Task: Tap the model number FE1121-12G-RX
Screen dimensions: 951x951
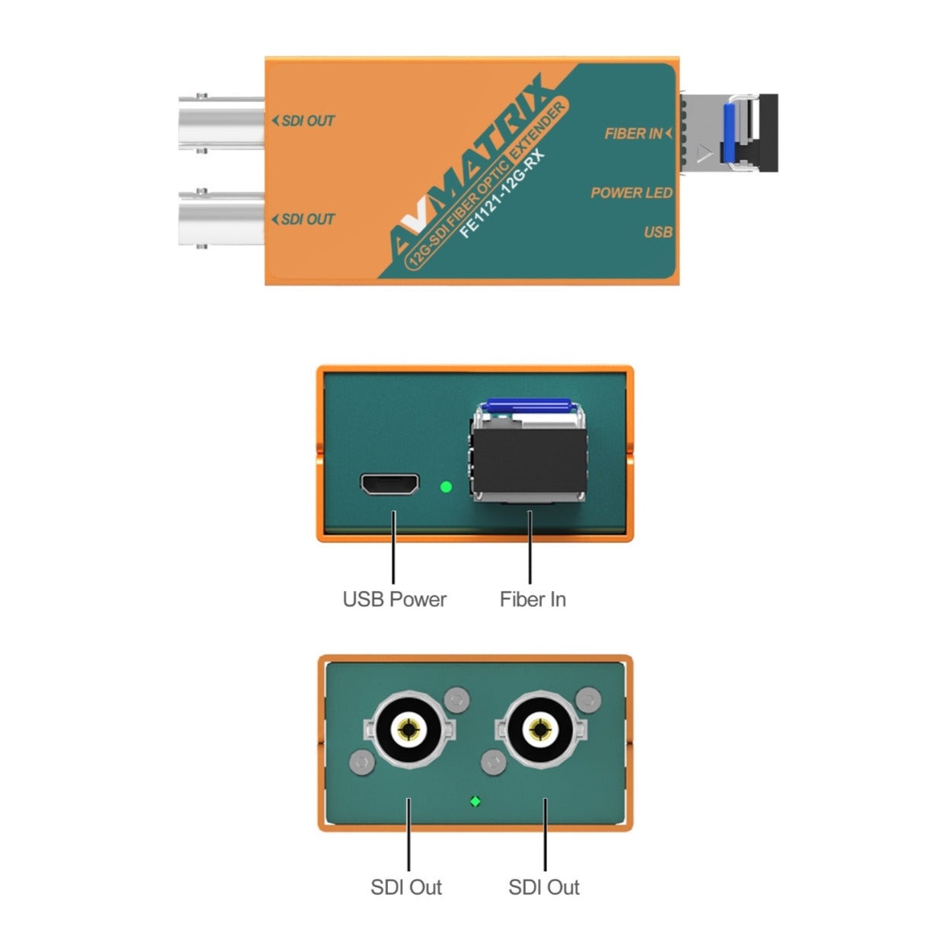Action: point(501,195)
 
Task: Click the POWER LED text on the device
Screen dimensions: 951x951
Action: point(631,192)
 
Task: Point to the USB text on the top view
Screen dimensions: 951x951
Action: point(658,232)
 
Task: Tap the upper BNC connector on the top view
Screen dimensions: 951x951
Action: point(221,123)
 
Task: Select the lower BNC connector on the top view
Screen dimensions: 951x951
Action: point(221,218)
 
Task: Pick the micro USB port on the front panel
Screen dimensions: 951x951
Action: point(390,484)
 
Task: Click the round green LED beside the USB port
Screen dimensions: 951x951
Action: point(446,487)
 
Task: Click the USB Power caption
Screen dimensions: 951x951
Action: point(394,600)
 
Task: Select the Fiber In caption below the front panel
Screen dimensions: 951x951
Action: point(533,600)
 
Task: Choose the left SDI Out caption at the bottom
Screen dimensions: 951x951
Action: point(406,887)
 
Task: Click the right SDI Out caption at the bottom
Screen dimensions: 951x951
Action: point(543,887)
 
